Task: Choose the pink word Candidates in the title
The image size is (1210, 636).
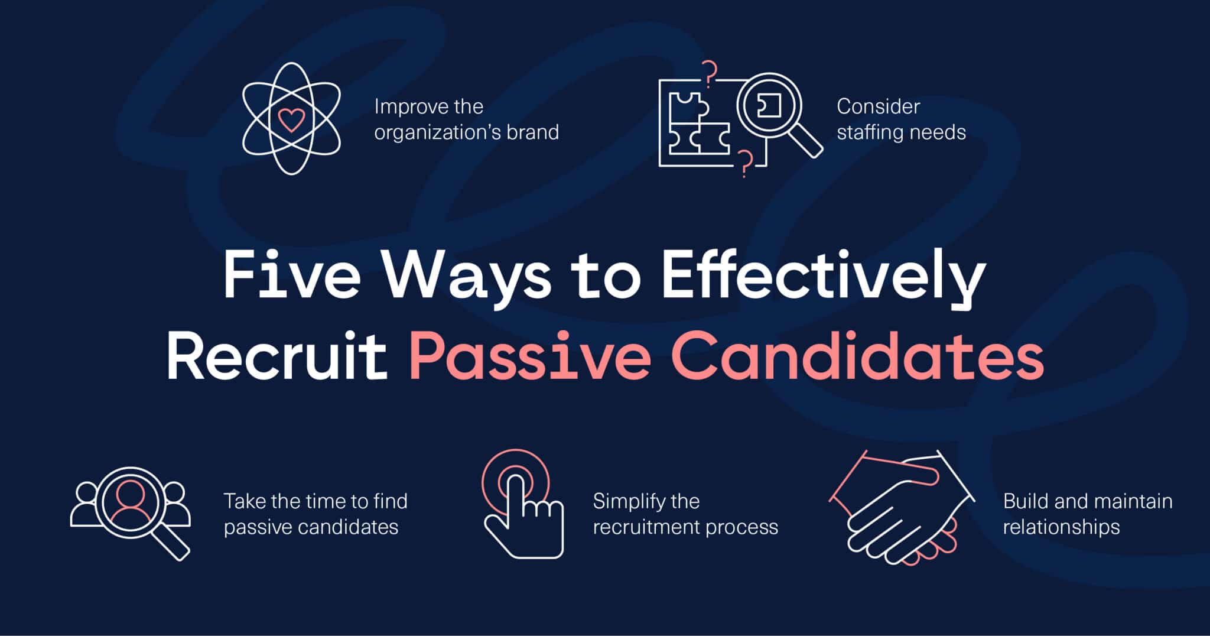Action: click(858, 356)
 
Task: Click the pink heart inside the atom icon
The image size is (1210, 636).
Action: click(291, 120)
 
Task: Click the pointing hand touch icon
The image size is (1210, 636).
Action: click(522, 504)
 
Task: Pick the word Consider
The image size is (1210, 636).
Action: click(879, 106)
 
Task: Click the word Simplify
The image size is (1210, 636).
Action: click(628, 502)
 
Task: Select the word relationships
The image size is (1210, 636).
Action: click(1061, 527)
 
